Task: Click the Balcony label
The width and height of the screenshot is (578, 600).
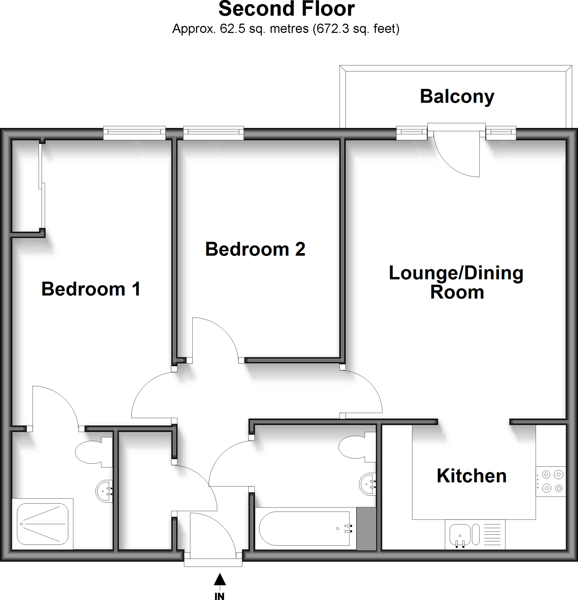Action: pos(457,97)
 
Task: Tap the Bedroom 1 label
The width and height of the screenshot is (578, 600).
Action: pos(91,289)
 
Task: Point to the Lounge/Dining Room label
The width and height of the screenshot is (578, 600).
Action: pos(456,282)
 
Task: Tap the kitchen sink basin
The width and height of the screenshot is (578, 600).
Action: pos(460,534)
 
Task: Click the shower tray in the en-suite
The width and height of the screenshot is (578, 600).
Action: pos(42,524)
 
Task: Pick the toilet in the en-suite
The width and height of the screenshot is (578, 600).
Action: pos(92,452)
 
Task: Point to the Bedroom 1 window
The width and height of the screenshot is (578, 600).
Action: pos(134,132)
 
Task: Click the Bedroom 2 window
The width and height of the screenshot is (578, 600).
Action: pos(213,132)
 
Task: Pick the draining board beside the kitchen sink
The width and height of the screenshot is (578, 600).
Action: pos(492,534)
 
